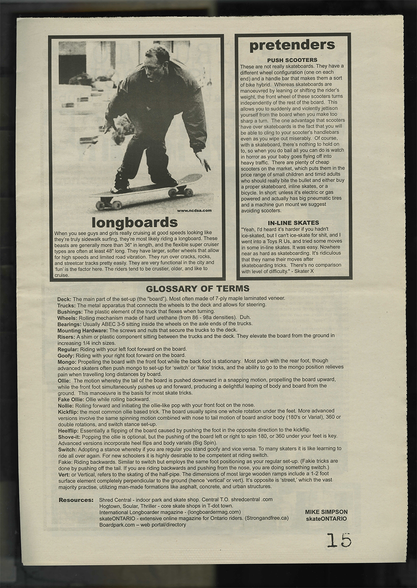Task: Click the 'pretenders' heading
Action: (x=292, y=45)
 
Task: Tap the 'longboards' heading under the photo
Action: (x=134, y=221)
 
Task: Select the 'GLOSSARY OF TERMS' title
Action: (x=198, y=289)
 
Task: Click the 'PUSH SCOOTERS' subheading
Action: (x=292, y=60)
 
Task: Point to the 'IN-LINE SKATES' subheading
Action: (x=292, y=223)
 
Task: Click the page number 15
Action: (x=339, y=541)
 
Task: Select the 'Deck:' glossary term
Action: (x=65, y=299)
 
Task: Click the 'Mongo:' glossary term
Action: (x=67, y=361)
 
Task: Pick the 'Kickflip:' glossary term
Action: (x=68, y=411)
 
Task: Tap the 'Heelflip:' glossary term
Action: (x=68, y=430)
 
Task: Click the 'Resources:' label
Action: (x=76, y=500)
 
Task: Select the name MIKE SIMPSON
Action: (x=326, y=512)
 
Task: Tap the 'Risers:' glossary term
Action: (x=66, y=336)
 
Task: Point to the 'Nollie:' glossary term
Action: (x=66, y=405)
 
